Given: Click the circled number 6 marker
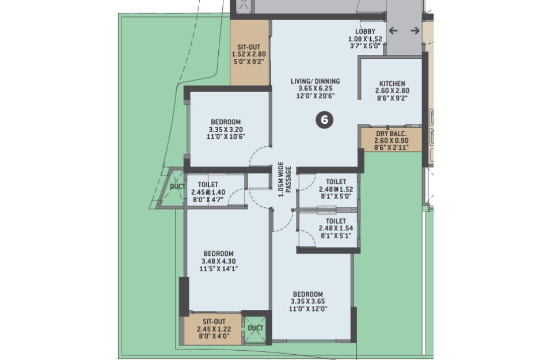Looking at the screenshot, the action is coord(324,120).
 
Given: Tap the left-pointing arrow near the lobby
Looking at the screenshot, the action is coord(393,31).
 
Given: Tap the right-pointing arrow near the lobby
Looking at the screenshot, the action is coord(415,31).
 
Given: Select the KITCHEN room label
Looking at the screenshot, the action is coord(392,84).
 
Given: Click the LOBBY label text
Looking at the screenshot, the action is coord(365,32).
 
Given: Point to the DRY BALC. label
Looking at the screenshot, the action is coord(391,134).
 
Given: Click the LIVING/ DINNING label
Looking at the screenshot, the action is coord(315,82).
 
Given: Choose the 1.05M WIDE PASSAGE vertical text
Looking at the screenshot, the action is coord(284,179).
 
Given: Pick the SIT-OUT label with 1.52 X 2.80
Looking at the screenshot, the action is coord(249,47).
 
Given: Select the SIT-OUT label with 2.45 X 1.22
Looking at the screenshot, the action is coord(214,321).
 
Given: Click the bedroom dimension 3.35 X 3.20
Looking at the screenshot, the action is coord(226,130).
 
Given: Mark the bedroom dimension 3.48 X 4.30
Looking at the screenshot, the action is coord(219,261).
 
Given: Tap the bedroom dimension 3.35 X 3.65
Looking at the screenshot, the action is coord(308,301).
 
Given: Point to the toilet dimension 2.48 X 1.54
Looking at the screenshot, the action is coord(336,228).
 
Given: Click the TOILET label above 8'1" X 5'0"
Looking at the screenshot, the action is coord(336,182).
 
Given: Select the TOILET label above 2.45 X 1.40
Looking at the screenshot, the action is coord(208,184).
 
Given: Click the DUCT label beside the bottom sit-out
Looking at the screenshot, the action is coord(256,328).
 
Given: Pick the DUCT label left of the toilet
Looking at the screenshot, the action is coord(177,187).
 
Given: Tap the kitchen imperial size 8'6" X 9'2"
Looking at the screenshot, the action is coord(392,98).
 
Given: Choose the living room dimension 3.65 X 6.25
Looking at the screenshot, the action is coord(315,89).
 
